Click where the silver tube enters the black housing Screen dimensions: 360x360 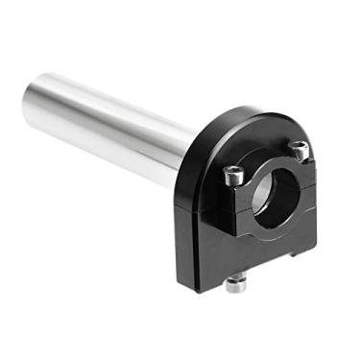point(192,144)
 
